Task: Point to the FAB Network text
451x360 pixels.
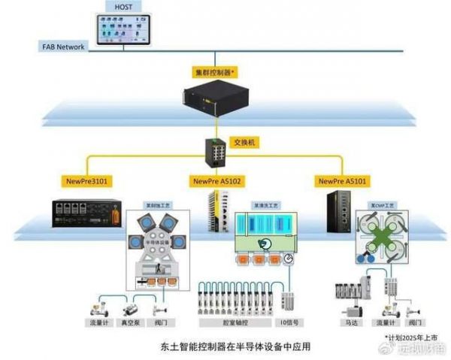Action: [63, 47]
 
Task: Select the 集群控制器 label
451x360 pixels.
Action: [216, 73]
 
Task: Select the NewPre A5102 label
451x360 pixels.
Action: [216, 181]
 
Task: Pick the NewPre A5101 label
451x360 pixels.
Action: [344, 181]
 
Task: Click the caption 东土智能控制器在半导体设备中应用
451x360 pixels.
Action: [225, 347]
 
